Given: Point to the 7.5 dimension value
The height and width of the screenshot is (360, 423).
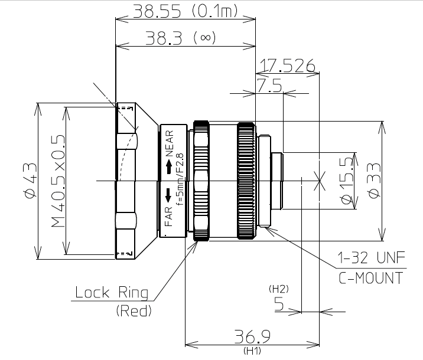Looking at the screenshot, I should (269, 87).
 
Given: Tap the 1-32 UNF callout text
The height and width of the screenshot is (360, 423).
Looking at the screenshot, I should (370, 258).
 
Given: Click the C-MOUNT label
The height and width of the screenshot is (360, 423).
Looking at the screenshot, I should (370, 278).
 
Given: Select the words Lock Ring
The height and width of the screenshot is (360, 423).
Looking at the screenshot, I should (112, 293).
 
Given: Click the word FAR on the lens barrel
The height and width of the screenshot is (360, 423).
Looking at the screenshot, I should (168, 217).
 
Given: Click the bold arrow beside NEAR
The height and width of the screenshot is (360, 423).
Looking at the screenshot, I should (168, 169).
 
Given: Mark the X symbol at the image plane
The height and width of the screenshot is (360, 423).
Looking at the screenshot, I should (320, 180).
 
